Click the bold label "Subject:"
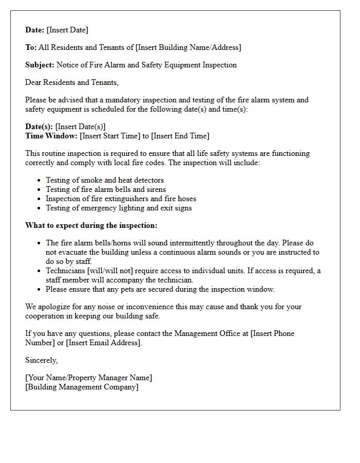click(x=40, y=65)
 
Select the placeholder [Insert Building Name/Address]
click(x=188, y=48)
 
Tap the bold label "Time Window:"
click(x=51, y=136)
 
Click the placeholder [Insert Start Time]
click(x=110, y=136)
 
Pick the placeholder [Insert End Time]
click(x=180, y=136)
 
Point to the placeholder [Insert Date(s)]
click(x=80, y=127)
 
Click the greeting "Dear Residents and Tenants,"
click(x=72, y=83)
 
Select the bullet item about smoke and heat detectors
click(x=104, y=181)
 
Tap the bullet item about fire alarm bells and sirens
click(x=105, y=190)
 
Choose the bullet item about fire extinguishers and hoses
click(x=121, y=199)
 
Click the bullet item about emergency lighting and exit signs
click(x=118, y=208)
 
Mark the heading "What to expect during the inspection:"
click(x=92, y=226)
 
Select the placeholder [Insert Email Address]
click(x=103, y=343)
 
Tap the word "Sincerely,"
click(x=42, y=361)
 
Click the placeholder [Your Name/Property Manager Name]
click(x=88, y=378)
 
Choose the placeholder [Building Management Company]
click(x=82, y=387)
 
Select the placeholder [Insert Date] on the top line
click(x=67, y=30)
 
